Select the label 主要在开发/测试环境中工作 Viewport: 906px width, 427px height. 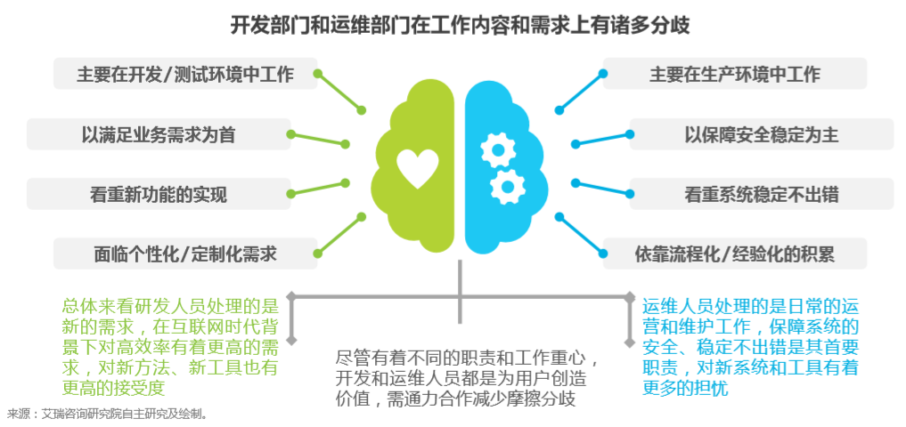tap(185, 74)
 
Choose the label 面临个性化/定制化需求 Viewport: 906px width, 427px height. tap(185, 254)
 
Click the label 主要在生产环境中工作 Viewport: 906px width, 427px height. tap(734, 74)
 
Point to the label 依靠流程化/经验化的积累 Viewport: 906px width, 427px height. tap(734, 254)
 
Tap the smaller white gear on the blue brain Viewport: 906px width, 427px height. tap(507, 184)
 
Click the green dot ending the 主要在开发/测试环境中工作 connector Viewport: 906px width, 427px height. tap(362, 110)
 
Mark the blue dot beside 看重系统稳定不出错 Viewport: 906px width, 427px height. tap(575, 184)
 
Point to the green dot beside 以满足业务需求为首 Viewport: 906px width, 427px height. tap(290, 133)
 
